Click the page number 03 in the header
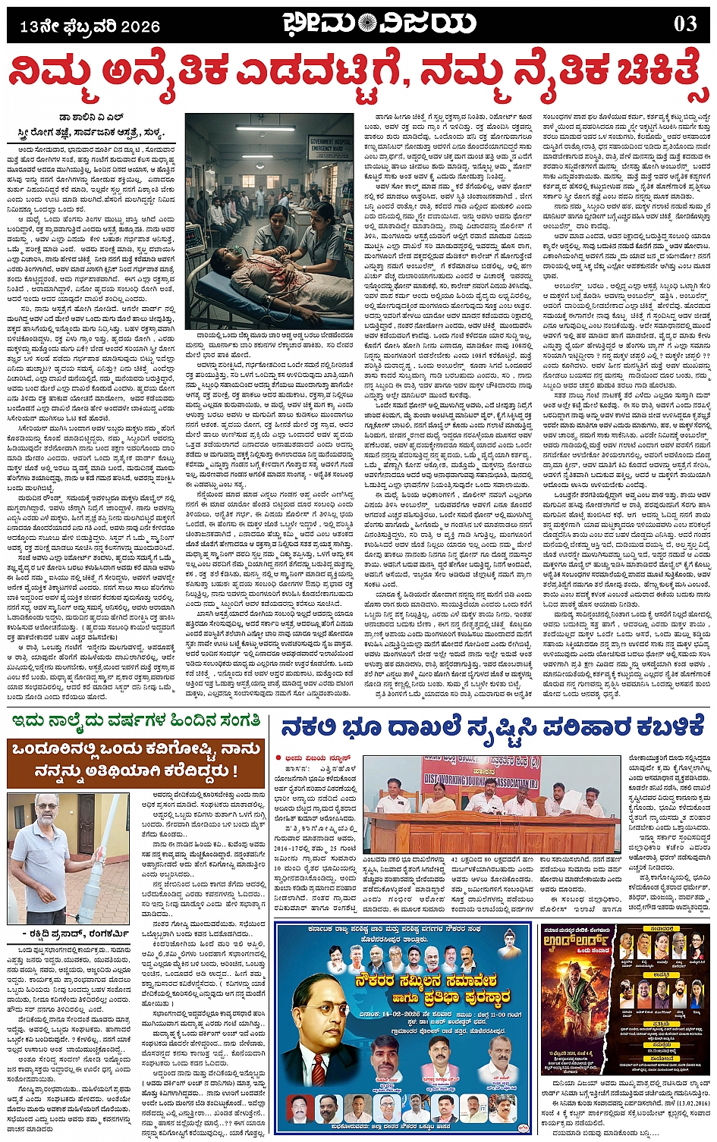click(x=685, y=24)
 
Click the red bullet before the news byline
click(x=278, y=758)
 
